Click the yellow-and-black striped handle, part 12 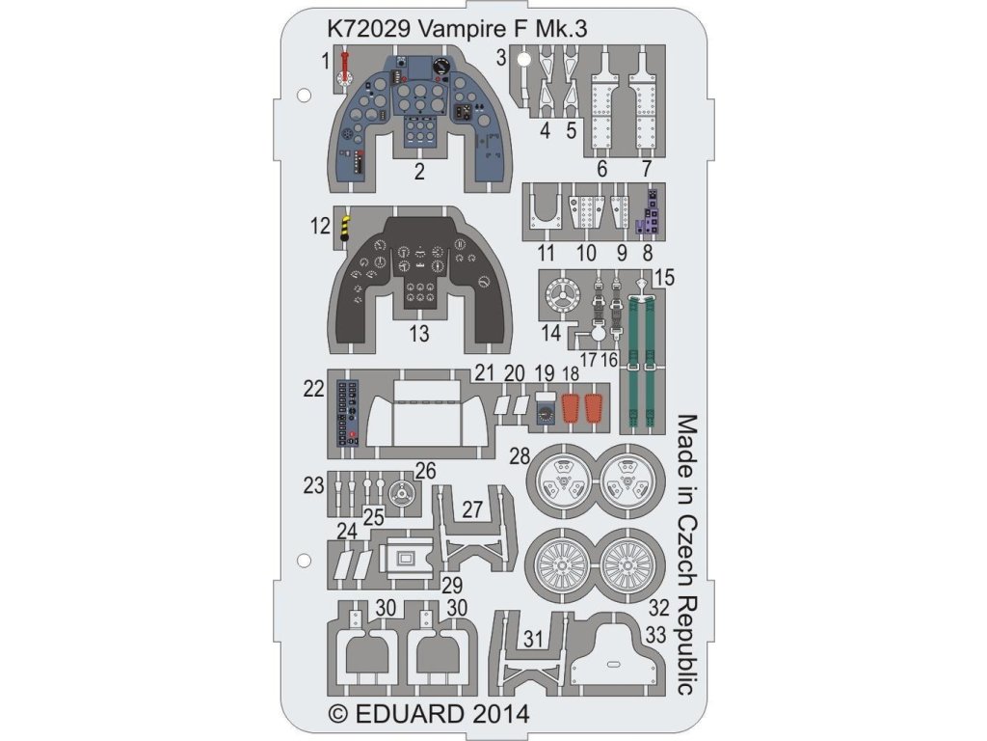coord(345,228)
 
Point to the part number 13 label coord(419,335)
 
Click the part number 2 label coord(419,174)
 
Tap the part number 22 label coord(312,389)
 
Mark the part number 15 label coord(663,279)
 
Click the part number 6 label coord(602,170)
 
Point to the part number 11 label coord(547,255)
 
